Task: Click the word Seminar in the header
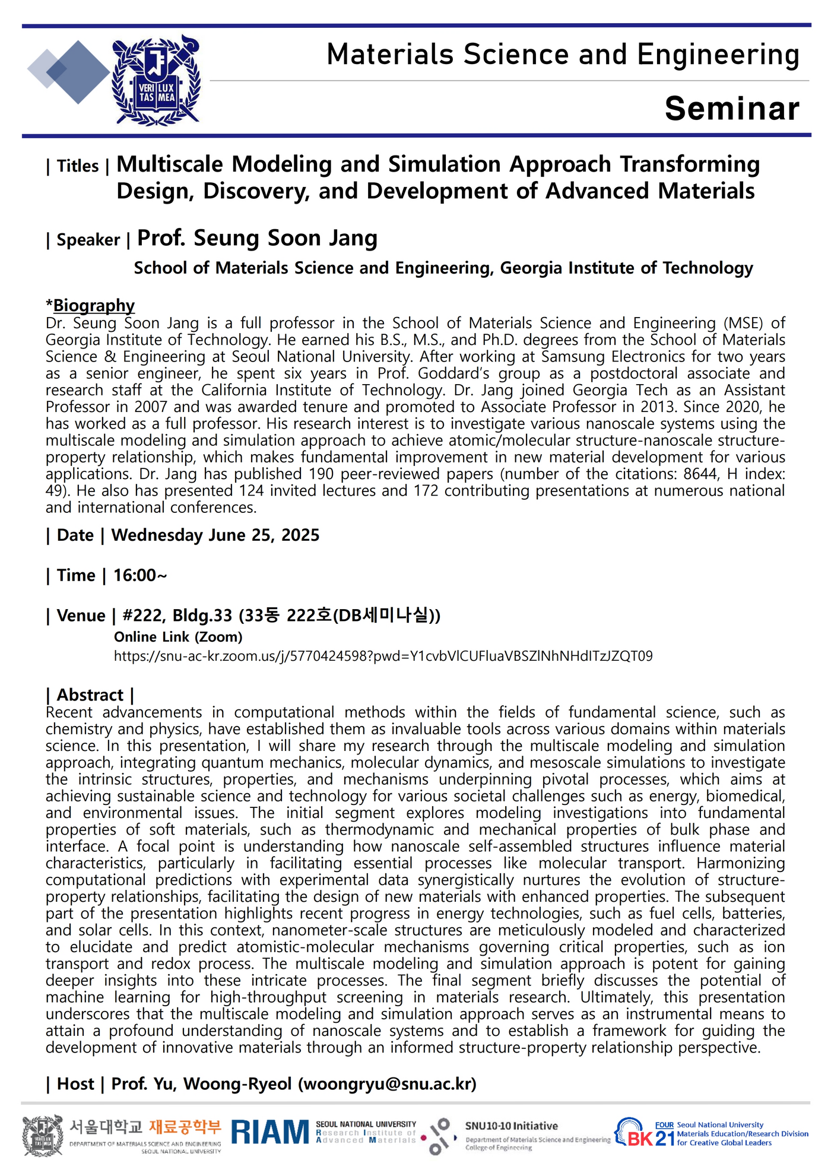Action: point(731,109)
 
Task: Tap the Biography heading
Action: point(94,305)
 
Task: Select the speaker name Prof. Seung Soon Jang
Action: point(257,238)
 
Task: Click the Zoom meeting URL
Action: point(383,656)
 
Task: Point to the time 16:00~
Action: point(140,575)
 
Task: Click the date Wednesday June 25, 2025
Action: point(215,535)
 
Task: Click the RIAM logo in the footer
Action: point(270,1132)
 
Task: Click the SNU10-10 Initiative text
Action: point(511,1126)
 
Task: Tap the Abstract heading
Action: point(90,695)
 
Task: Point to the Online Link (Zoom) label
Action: point(178,637)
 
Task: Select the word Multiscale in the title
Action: point(170,164)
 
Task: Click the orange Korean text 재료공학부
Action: point(185,1126)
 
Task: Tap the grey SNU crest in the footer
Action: point(43,1135)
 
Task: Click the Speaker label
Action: point(88,240)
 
